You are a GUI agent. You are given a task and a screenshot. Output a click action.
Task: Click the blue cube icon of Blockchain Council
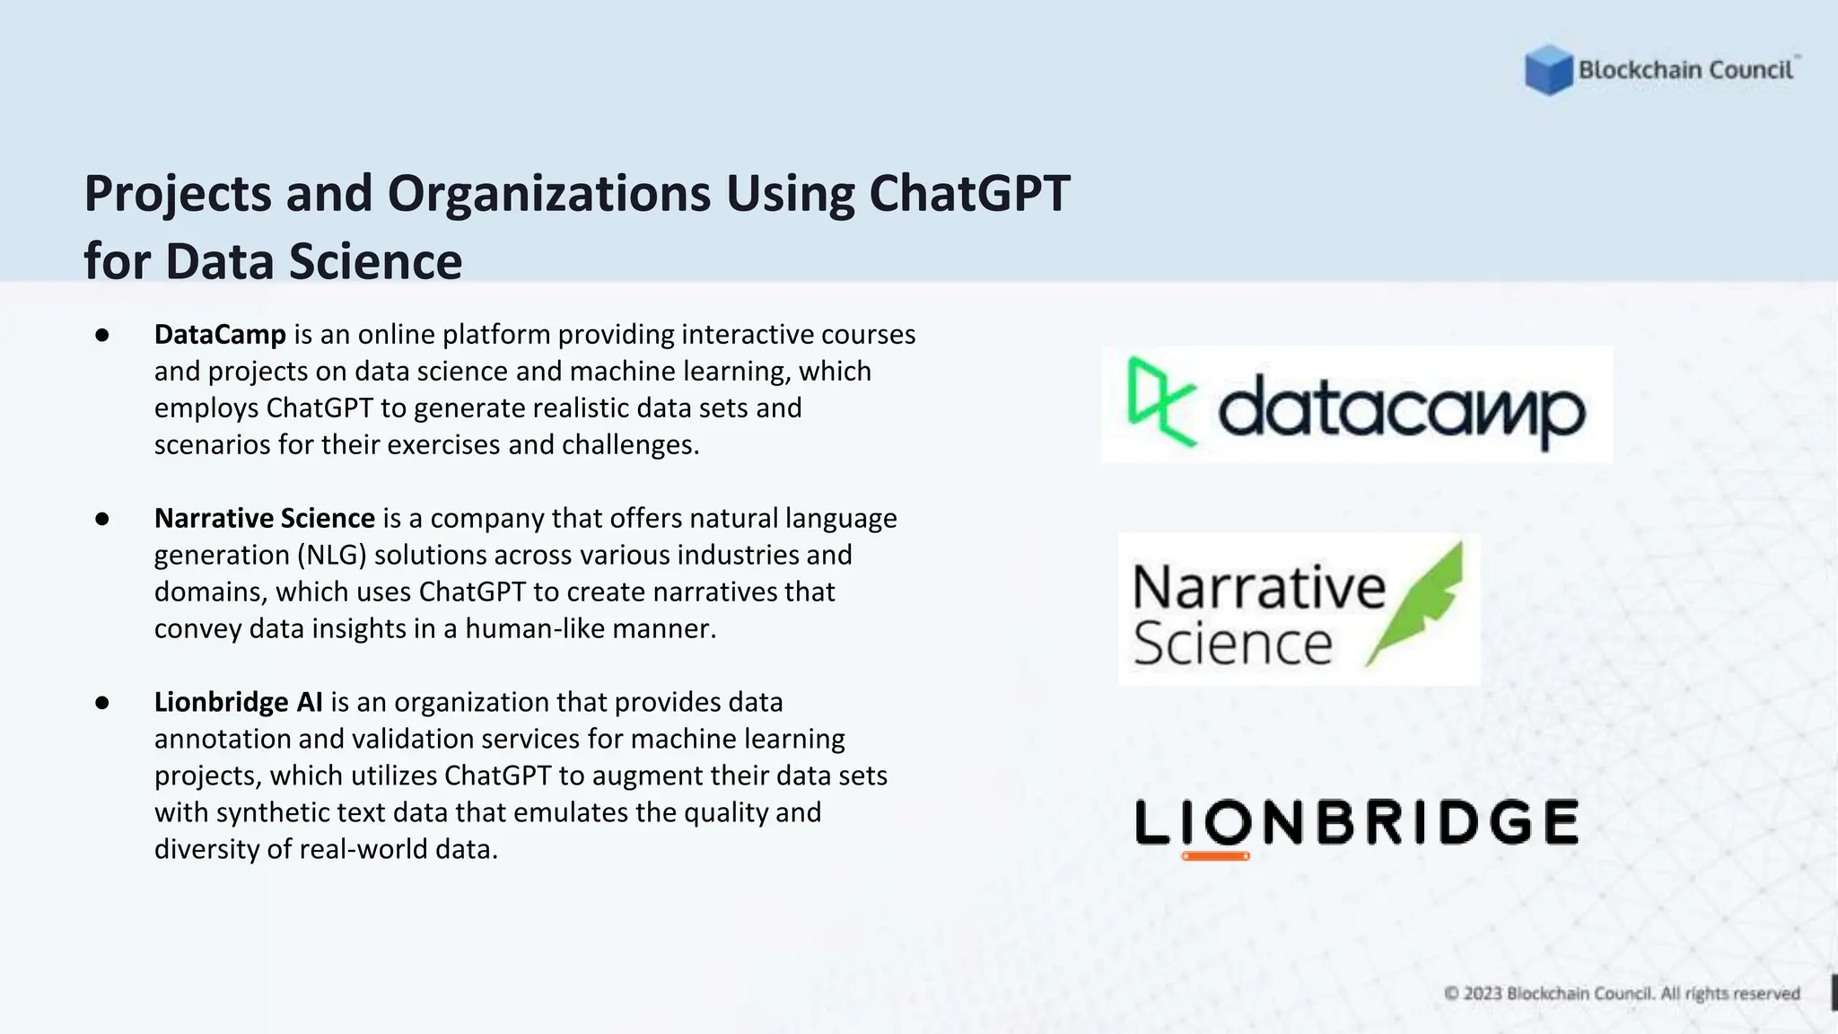tap(1548, 69)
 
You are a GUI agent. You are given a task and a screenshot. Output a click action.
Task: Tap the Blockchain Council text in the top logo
tap(1685, 70)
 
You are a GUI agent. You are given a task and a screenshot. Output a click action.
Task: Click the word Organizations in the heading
tap(549, 194)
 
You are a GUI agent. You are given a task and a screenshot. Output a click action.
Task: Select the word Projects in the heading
tap(178, 194)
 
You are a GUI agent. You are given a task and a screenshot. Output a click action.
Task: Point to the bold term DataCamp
tap(220, 335)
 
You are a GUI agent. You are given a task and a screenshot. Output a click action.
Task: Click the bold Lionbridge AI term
tap(238, 702)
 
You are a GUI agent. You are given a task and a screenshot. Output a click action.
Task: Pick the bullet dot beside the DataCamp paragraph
tap(102, 335)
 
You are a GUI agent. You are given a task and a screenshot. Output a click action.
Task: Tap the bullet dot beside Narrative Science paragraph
tap(102, 519)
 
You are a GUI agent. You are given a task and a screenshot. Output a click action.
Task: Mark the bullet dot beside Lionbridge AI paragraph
tap(102, 702)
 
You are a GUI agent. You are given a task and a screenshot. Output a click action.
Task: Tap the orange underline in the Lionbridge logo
tap(1215, 856)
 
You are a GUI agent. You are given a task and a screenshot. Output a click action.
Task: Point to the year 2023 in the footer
tap(1483, 994)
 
